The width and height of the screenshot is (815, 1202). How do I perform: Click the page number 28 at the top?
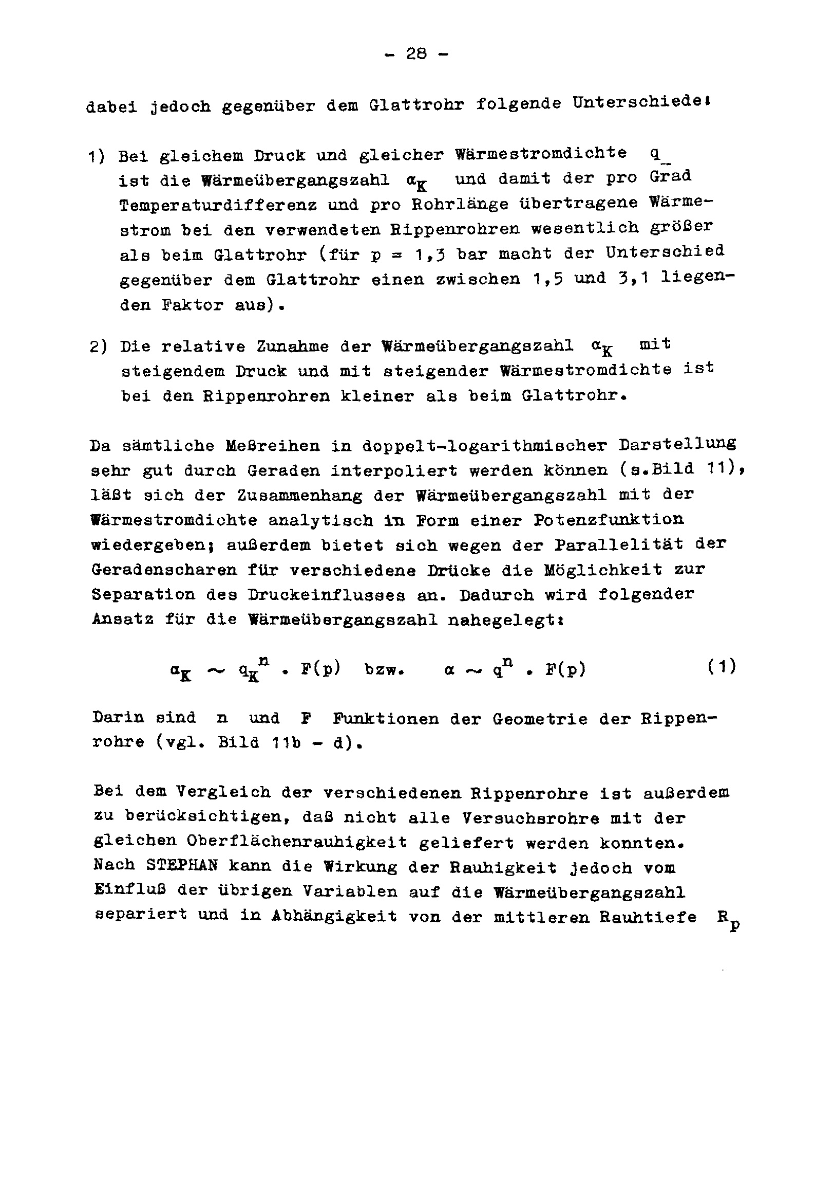tap(416, 54)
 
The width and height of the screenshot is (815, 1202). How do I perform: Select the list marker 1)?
tap(97, 156)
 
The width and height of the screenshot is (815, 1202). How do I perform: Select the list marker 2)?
tap(98, 346)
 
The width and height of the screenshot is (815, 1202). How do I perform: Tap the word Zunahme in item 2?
tap(293, 346)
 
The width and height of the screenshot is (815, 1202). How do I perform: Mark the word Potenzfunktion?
tap(609, 519)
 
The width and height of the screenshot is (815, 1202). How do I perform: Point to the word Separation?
tap(144, 594)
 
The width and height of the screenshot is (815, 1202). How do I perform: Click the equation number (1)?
tap(722, 666)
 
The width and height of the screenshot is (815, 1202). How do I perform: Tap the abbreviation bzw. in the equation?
tap(384, 669)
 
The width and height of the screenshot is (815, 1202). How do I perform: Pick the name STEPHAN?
tap(181, 865)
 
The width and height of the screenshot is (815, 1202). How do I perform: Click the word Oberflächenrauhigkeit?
tap(297, 841)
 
